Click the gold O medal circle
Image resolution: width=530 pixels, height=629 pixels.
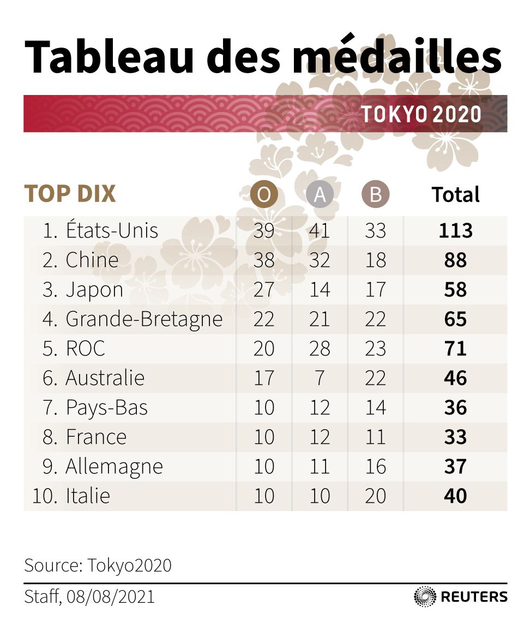[264, 195]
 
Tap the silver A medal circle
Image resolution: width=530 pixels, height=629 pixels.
[320, 195]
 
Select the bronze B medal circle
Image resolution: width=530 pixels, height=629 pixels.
[375, 195]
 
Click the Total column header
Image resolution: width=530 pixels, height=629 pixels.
[455, 195]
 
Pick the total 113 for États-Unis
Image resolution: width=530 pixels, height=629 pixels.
[455, 230]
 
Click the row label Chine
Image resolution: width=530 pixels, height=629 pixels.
[92, 260]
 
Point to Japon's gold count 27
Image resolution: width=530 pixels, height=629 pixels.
[264, 289]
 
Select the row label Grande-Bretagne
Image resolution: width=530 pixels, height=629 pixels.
[144, 319]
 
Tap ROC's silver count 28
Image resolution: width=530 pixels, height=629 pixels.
[320, 348]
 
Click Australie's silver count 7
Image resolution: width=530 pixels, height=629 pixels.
[320, 378]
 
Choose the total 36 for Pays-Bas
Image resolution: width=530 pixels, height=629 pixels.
[455, 407]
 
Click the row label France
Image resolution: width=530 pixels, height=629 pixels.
[96, 437]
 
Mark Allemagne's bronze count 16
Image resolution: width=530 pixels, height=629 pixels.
[375, 466]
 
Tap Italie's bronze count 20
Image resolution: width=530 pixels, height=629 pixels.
[375, 496]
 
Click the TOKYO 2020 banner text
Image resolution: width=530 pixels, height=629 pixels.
[421, 114]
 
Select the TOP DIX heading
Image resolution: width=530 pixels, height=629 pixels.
[70, 194]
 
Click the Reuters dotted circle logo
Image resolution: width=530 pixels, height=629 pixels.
[425, 596]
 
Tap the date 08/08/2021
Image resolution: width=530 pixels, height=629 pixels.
[111, 596]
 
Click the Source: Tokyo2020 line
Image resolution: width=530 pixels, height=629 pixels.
[98, 565]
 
